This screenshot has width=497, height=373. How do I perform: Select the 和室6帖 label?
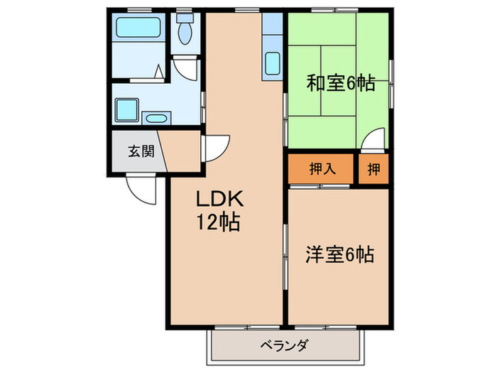(x=340, y=84)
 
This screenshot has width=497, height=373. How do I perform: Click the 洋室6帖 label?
(x=340, y=253)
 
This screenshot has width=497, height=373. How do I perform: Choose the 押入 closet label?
(x=321, y=169)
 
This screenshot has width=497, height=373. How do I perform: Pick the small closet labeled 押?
(x=373, y=169)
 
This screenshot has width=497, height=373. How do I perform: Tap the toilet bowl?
(x=186, y=32)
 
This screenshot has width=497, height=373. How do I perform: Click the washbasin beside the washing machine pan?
(x=156, y=117)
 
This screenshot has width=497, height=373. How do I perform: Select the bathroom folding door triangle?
(x=158, y=71)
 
